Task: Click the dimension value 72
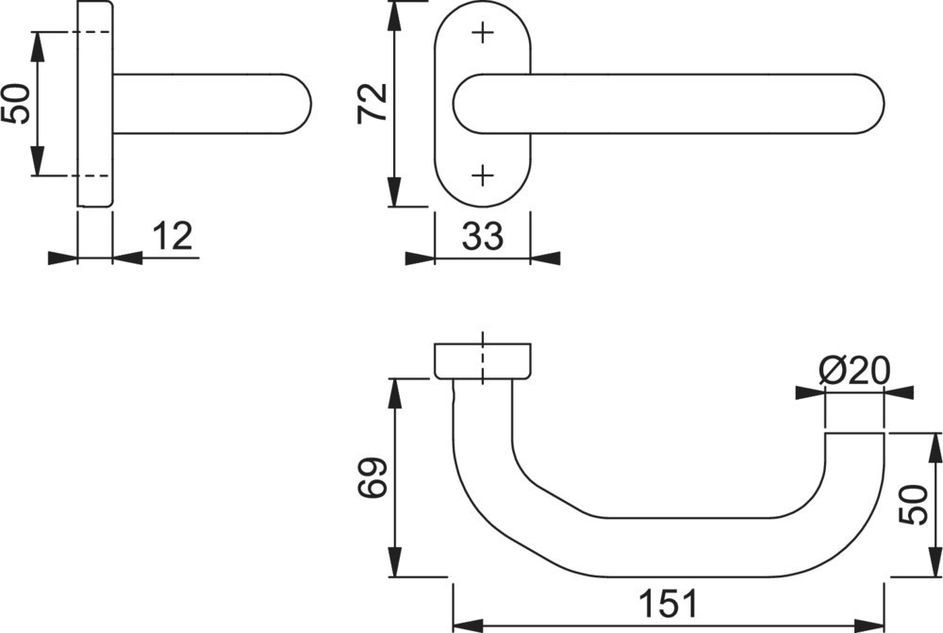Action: [372, 104]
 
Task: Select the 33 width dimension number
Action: [482, 236]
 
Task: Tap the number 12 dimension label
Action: [172, 235]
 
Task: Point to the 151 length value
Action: [669, 604]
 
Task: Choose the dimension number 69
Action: [372, 478]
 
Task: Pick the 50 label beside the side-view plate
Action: [16, 104]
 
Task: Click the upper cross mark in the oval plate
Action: [482, 32]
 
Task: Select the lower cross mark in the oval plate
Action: [482, 175]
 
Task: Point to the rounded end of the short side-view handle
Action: [298, 104]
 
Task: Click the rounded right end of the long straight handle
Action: [869, 104]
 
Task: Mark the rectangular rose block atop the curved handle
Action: [482, 361]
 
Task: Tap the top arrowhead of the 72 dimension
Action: [394, 16]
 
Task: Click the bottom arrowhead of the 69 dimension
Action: [394, 562]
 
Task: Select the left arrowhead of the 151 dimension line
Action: [468, 624]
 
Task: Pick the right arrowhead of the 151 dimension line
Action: [869, 624]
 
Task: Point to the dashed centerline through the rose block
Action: [482, 358]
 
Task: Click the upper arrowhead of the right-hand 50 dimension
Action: [935, 447]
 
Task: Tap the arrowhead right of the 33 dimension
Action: [545, 258]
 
